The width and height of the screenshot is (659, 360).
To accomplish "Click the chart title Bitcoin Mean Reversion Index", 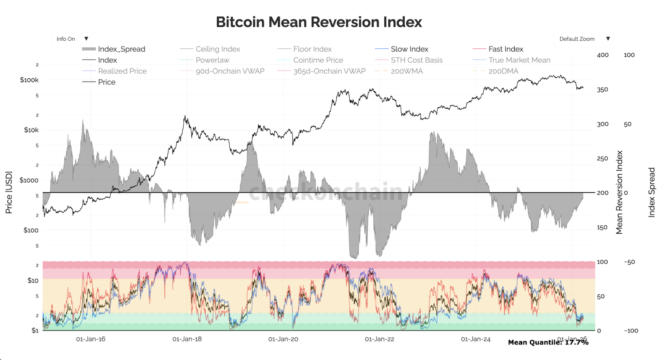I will [319, 22].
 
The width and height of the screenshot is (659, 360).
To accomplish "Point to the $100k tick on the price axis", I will [29, 80].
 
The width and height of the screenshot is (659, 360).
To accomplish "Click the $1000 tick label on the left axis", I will [29, 180].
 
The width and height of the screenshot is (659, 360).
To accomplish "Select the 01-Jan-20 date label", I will [283, 339].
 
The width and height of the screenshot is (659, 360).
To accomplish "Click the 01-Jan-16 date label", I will [91, 339].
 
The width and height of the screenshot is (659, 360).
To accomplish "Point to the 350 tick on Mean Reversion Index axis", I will [603, 90].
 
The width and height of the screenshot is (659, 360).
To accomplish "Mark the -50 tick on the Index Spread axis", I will [629, 262].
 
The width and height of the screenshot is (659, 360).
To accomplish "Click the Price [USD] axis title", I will [9, 192].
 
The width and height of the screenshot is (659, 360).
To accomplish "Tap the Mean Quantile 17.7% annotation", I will [548, 342].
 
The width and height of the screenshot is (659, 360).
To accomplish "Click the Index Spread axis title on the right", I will [652, 192].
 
